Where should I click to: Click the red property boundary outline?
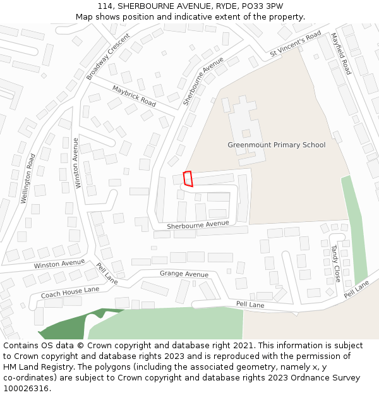point(188,179)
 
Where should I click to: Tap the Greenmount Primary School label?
point(276,145)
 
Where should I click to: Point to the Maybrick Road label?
point(134,95)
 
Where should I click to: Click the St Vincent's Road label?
point(295,44)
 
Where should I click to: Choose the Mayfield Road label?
point(341,54)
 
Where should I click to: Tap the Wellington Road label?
point(27,178)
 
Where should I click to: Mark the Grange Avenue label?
point(184,274)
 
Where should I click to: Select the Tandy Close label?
point(335,264)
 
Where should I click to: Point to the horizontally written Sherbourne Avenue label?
point(198,224)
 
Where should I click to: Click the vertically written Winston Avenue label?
point(77,163)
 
